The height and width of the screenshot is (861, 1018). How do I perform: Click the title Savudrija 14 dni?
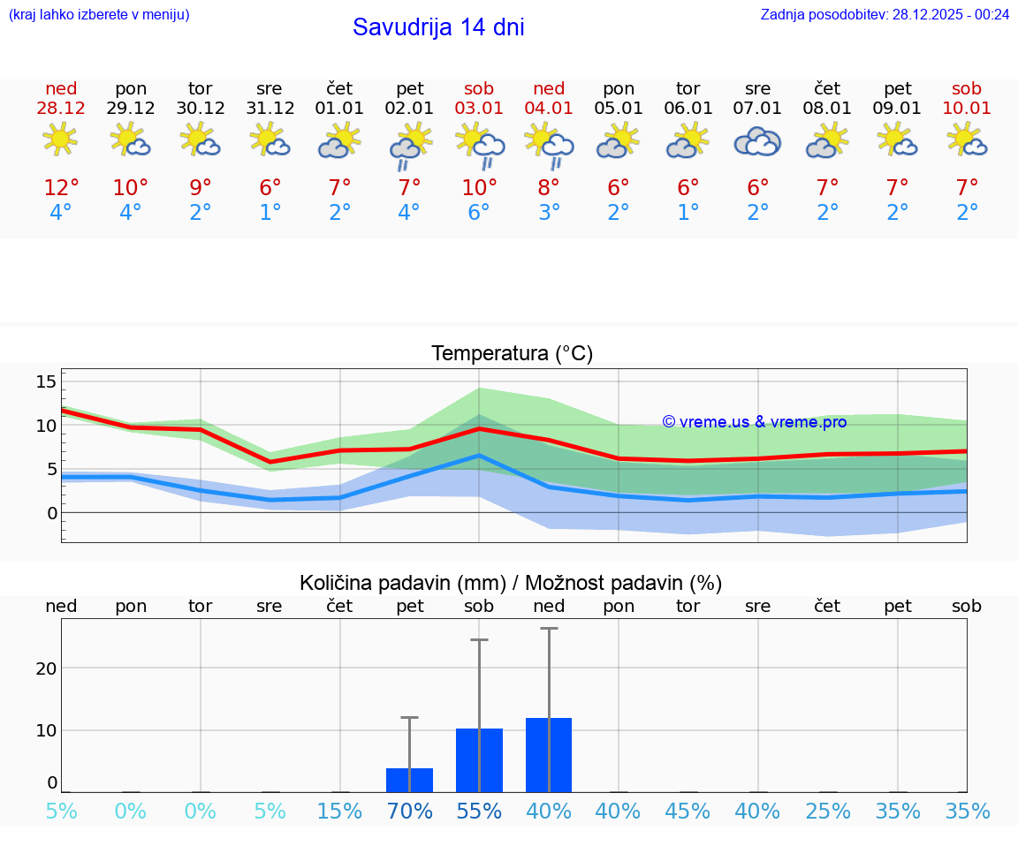click(438, 27)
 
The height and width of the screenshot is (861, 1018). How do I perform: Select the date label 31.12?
click(270, 109)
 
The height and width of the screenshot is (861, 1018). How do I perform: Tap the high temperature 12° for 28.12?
click(61, 188)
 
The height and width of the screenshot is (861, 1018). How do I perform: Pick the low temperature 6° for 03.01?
click(479, 213)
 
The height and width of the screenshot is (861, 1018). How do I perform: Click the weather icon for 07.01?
click(757, 142)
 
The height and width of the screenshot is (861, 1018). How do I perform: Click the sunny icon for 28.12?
click(61, 140)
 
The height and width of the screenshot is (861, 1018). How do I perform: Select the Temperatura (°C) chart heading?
click(512, 354)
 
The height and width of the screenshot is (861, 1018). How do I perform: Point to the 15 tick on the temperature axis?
click(46, 381)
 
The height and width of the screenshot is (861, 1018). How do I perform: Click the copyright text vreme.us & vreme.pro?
click(754, 422)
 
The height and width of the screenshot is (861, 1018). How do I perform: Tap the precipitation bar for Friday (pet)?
click(409, 780)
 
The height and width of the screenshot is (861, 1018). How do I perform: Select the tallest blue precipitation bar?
click(549, 755)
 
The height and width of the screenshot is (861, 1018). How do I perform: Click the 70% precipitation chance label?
click(409, 812)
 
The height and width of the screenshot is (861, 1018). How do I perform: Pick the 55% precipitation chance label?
click(479, 812)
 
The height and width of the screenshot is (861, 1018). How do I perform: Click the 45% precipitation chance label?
click(688, 812)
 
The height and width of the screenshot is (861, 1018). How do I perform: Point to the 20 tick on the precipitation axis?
click(46, 668)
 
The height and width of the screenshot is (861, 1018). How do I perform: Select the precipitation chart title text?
click(511, 583)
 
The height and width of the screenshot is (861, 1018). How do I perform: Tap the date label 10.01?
click(967, 109)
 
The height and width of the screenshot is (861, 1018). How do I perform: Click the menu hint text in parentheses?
click(99, 14)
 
